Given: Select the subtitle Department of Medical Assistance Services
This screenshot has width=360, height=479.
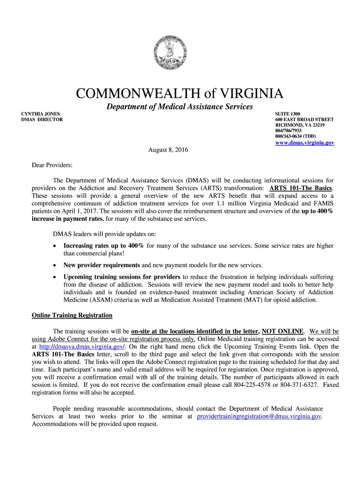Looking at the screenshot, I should click(180, 107).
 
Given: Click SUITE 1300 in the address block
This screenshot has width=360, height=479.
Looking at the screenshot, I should click(288, 114).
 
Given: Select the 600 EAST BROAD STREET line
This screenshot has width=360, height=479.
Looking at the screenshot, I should click(304, 120).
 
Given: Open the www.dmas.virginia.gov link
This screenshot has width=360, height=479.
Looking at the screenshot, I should click(304, 143).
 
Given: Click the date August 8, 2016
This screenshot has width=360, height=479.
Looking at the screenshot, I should click(166, 150).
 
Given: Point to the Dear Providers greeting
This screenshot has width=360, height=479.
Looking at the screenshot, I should click(52, 165).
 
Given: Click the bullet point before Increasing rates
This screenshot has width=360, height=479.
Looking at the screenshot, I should click(56, 246).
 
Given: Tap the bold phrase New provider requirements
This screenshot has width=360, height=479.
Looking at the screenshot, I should click(102, 265).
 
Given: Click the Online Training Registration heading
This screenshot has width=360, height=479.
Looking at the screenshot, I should click(72, 315).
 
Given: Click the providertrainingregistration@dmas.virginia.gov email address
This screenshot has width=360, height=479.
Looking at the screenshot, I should click(259, 416).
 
